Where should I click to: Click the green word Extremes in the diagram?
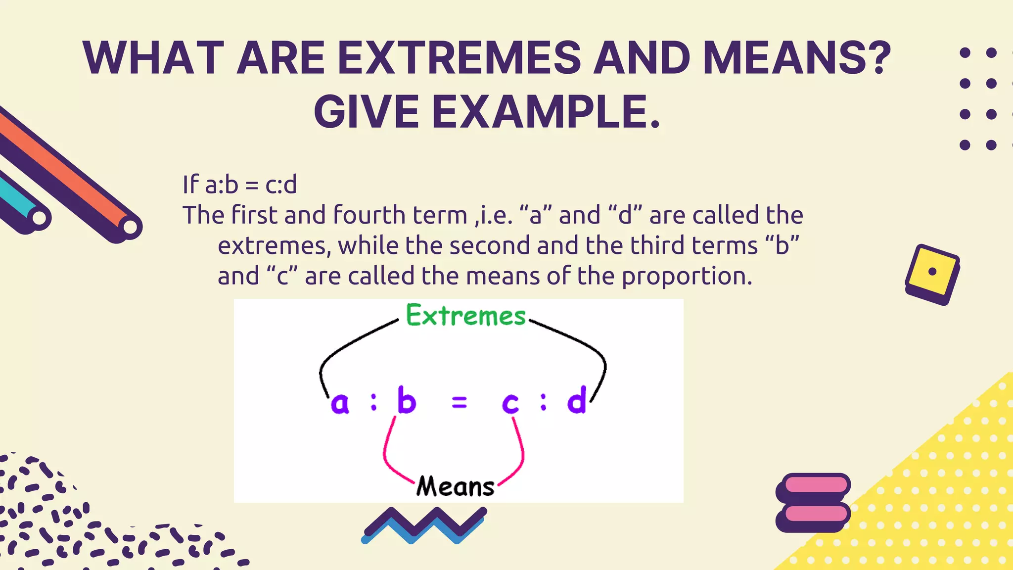coord(465,315)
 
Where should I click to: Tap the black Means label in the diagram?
coord(455,486)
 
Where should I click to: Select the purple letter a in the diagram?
coord(340,403)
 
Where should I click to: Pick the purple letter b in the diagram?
coord(407,400)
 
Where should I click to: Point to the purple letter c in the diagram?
coord(510,403)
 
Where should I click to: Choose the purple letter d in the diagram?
coord(577,400)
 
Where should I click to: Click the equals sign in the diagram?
coord(460,403)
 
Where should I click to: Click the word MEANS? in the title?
coord(797,58)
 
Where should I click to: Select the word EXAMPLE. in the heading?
coord(546,112)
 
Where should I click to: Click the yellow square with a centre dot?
coord(931,272)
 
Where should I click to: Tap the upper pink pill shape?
coord(816,483)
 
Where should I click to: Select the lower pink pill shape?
coord(816,514)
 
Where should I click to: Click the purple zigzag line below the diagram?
coord(424,522)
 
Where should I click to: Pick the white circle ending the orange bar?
coord(130,227)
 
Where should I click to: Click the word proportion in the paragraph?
coord(687,276)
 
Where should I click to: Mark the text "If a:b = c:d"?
coord(240,185)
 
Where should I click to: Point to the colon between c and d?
coord(544,402)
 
